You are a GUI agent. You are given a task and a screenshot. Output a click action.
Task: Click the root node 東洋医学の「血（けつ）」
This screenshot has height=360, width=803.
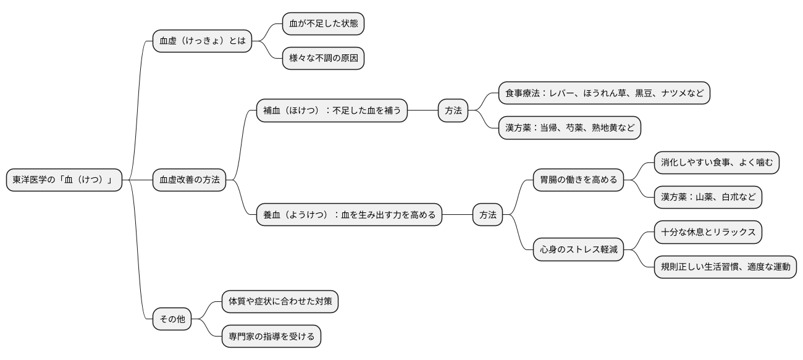[x=64, y=180]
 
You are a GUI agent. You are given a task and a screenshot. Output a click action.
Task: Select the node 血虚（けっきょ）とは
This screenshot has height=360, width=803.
[x=202, y=41]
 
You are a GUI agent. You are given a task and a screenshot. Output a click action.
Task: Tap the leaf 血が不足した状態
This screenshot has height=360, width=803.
[x=323, y=24]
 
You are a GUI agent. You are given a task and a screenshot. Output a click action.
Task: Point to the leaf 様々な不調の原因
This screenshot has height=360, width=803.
[x=323, y=59]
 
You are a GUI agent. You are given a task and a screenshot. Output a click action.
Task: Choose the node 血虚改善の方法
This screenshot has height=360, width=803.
[x=190, y=180]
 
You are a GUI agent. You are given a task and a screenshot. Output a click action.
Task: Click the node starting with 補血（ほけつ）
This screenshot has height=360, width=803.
[x=332, y=111]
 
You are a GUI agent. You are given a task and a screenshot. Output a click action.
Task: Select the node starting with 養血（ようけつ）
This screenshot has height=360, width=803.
[x=349, y=215]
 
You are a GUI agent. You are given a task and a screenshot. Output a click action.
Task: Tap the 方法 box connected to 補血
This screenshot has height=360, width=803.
[x=453, y=111]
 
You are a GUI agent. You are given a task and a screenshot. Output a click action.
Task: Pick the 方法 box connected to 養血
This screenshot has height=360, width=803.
[x=488, y=215]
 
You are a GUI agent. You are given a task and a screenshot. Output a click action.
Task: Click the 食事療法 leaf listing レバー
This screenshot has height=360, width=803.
[x=604, y=93]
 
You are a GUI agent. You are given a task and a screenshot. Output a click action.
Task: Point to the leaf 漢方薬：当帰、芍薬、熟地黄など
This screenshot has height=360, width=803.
[x=570, y=128]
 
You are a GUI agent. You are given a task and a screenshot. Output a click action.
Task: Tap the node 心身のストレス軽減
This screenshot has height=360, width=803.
[x=578, y=249]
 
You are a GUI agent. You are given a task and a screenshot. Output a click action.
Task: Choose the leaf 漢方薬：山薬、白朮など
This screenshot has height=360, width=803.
[x=708, y=198]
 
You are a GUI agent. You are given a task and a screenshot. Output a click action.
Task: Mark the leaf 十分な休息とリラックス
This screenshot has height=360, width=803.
[x=708, y=232]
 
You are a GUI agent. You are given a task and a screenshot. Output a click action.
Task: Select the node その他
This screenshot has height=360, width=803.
[x=172, y=319]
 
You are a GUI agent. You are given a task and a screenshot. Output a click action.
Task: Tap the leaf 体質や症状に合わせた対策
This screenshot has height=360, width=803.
[x=280, y=302]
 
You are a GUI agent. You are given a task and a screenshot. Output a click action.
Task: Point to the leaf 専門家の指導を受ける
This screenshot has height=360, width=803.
[x=271, y=337]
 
